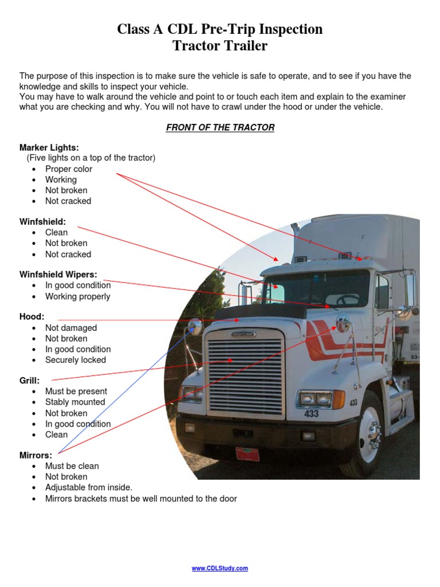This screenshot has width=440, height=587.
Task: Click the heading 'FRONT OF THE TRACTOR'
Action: click(x=220, y=127)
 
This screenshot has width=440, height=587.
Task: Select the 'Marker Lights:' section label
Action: click(x=49, y=147)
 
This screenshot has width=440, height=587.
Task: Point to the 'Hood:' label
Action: click(x=32, y=316)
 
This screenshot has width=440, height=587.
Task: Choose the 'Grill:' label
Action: click(x=30, y=380)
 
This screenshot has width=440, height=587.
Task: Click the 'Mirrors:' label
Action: click(x=36, y=455)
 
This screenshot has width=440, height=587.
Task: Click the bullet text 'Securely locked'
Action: click(x=76, y=360)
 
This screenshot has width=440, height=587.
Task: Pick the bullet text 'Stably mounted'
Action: click(x=75, y=402)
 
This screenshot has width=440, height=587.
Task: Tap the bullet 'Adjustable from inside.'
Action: click(x=89, y=487)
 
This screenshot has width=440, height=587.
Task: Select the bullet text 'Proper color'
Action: click(x=69, y=169)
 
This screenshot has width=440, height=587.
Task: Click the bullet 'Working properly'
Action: click(x=78, y=296)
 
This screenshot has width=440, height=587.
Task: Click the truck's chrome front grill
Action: click(x=245, y=375)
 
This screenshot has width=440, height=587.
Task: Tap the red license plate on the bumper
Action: click(x=247, y=454)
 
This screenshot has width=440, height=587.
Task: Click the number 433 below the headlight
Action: click(x=311, y=413)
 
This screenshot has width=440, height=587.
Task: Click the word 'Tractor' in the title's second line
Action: click(x=196, y=46)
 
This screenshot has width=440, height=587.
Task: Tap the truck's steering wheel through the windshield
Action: click(x=347, y=299)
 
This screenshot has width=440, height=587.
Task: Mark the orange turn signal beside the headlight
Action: click(x=339, y=399)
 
